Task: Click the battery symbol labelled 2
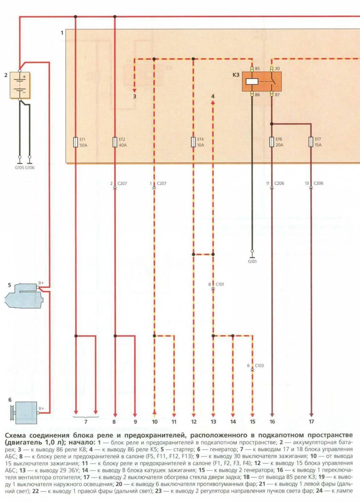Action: tap(20, 85)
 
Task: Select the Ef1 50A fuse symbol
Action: tap(76, 142)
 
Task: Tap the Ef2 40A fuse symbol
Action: tap(115, 142)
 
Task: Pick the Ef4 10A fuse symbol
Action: tap(193, 142)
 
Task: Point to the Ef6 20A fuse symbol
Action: tap(272, 142)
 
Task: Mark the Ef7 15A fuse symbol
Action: tap(311, 142)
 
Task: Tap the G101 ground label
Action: tap(252, 262)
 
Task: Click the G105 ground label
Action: tap(19, 168)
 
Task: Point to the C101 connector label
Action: tap(220, 284)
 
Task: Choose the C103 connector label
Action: tap(259, 365)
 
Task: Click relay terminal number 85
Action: tap(257, 69)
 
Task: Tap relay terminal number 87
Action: tap(277, 95)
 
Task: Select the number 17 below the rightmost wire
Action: tap(311, 422)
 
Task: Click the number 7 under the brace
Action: tap(86, 422)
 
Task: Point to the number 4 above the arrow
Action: tap(213, 96)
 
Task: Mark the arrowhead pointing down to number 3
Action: tap(135, 90)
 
